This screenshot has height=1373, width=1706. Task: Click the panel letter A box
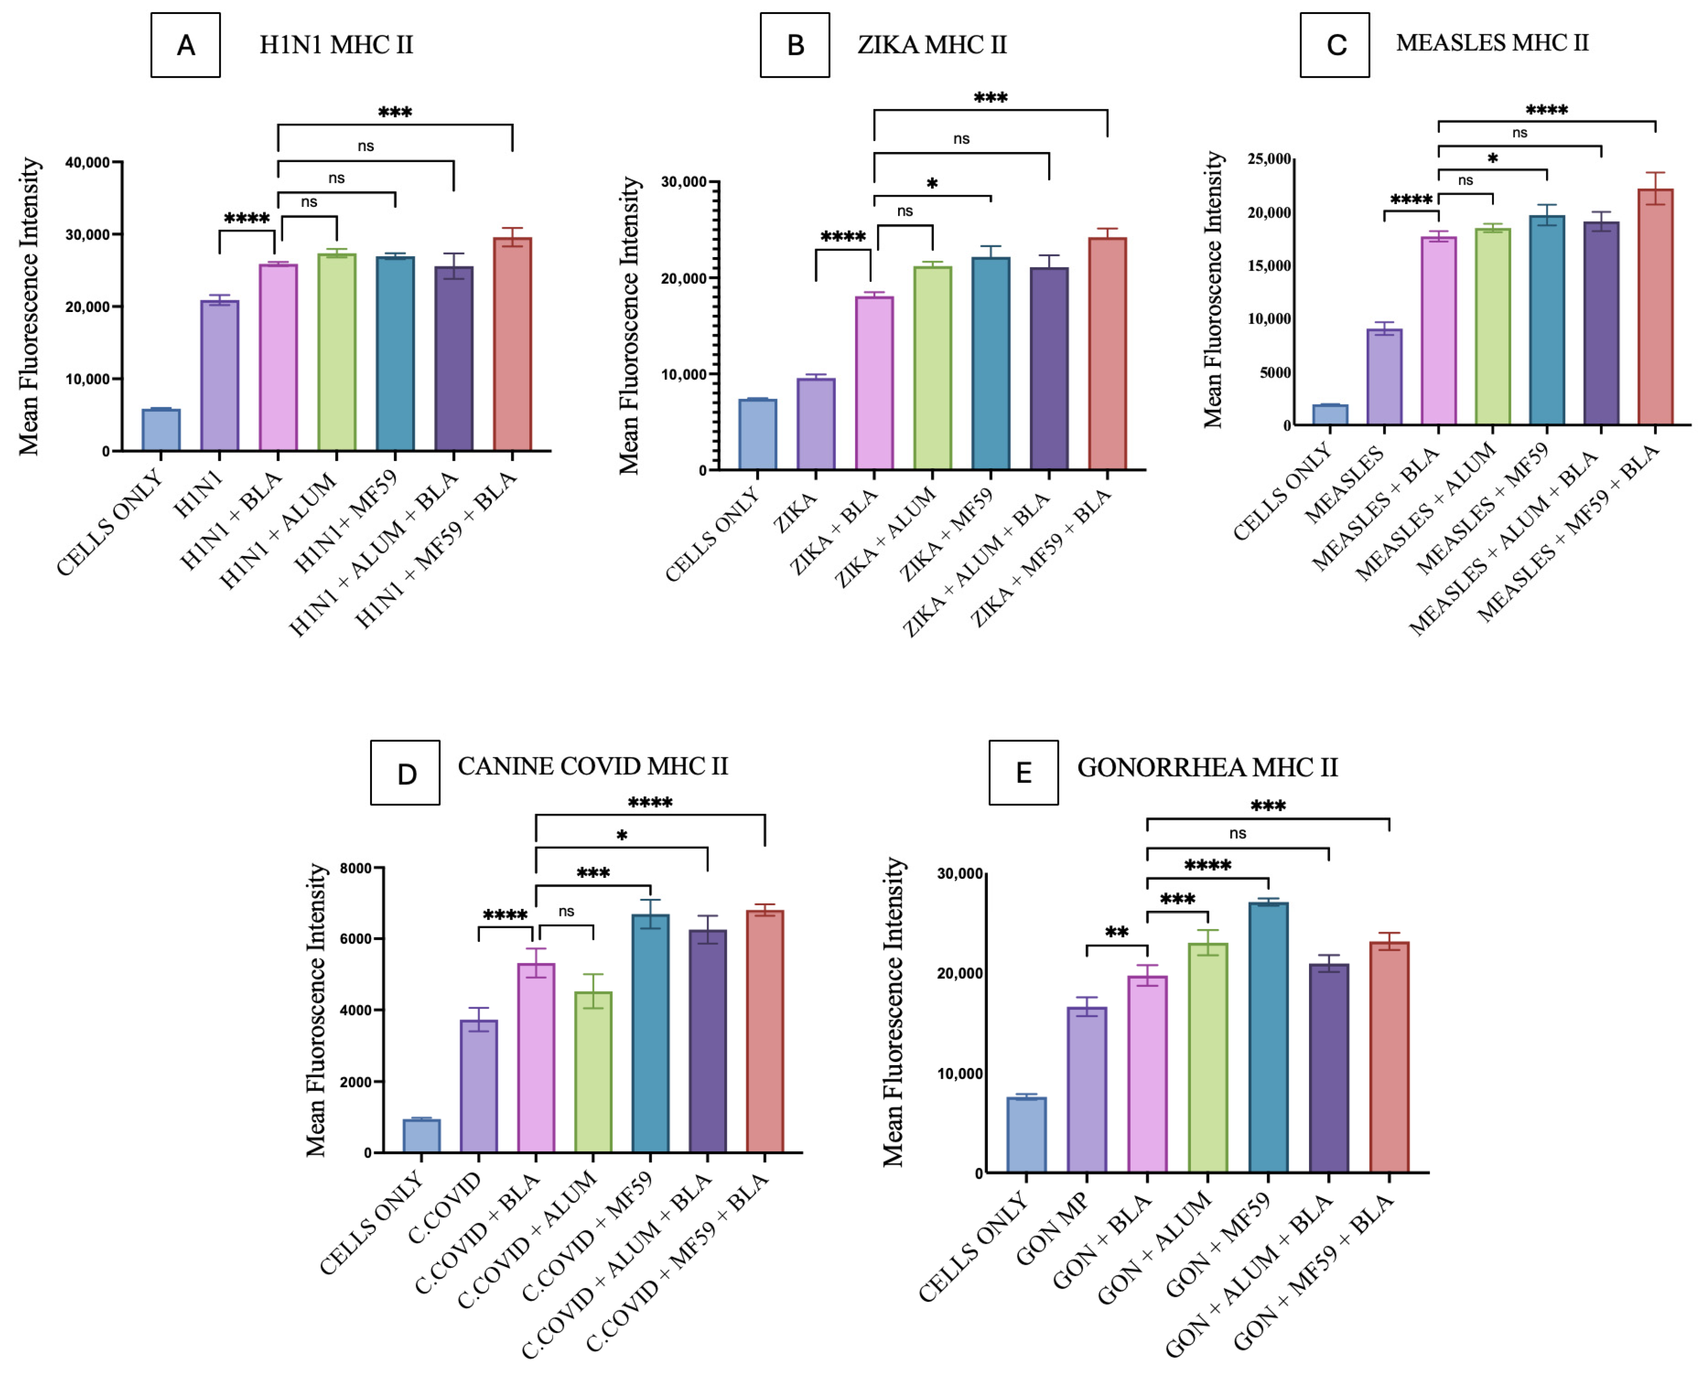tap(185, 45)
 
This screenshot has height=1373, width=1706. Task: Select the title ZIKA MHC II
tap(932, 45)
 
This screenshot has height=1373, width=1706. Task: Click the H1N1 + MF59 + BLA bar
tap(512, 344)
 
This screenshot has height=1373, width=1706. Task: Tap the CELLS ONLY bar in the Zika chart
tap(757, 434)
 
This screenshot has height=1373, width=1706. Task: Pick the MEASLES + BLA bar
tap(1439, 331)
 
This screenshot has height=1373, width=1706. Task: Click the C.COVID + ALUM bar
tap(594, 1072)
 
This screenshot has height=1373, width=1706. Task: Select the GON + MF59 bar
tap(1269, 1037)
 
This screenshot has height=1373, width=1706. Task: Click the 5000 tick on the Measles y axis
tap(1275, 372)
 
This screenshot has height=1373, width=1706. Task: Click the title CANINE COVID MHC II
tap(593, 766)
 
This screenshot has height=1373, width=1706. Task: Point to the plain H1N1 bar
tap(219, 376)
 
